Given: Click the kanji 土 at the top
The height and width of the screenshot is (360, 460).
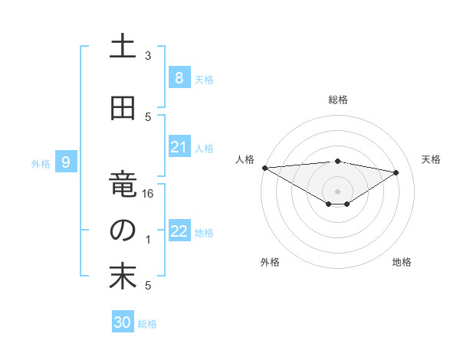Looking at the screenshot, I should (123, 46).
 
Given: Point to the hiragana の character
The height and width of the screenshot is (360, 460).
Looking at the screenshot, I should (123, 230).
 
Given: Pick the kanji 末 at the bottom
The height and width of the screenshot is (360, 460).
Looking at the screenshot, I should (123, 277).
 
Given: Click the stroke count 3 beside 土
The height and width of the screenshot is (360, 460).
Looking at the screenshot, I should (148, 56).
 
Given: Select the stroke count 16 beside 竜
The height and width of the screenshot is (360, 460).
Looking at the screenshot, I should (149, 194).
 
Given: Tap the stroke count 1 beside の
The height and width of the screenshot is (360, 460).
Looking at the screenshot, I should (148, 240).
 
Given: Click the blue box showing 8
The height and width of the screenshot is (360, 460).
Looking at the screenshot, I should (179, 77).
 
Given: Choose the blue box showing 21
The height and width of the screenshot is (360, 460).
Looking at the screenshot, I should (179, 147).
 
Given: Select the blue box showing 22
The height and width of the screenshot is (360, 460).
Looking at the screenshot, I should (179, 232).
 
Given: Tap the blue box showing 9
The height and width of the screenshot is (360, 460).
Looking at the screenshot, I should (67, 162).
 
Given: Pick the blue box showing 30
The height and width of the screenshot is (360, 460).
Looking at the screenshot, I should (122, 322).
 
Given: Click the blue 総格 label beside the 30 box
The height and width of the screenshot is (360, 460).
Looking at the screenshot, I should (147, 324).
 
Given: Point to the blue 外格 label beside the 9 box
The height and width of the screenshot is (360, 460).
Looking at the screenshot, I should (41, 163).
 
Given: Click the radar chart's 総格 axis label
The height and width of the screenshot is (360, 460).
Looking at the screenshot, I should (338, 100).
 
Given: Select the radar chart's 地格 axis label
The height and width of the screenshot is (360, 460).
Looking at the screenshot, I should (402, 262).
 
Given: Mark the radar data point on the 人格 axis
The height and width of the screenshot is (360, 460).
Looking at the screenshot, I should (264, 168).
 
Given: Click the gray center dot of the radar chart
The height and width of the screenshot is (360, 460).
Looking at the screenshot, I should (338, 190).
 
